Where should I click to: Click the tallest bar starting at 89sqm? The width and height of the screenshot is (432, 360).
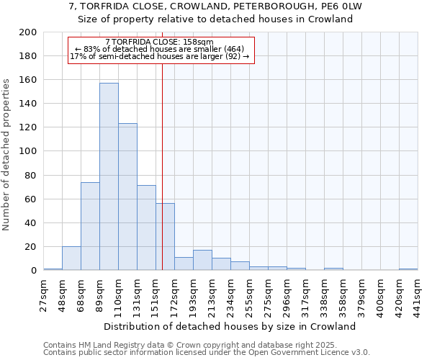pyautogui.click(x=109, y=176)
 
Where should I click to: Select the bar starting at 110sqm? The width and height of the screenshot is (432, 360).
pyautogui.click(x=127, y=197)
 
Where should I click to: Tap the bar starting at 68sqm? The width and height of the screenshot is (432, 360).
pyautogui.click(x=90, y=226)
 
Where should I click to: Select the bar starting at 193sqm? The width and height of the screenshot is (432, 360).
pyautogui.click(x=202, y=261)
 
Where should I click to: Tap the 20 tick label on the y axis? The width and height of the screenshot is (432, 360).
pyautogui.click(x=31, y=247)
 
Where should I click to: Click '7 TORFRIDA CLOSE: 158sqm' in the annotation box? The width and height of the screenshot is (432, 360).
pyautogui.click(x=159, y=42)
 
